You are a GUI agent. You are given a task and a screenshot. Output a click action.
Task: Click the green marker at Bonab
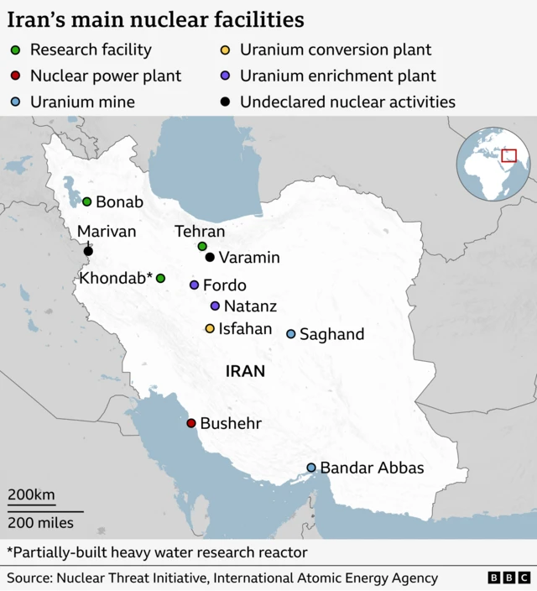[86, 201]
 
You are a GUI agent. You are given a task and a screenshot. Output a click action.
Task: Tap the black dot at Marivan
[88, 250]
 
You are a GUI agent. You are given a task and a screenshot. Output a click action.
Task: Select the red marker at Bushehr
[191, 423]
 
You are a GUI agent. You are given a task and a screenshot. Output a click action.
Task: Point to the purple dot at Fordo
[194, 285]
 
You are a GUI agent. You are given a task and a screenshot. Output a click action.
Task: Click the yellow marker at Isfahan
[210, 328]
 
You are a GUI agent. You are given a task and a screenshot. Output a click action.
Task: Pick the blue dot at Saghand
[291, 334]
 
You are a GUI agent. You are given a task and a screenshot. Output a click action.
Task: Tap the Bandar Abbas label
[372, 468]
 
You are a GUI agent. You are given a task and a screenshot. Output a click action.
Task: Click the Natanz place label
[250, 306]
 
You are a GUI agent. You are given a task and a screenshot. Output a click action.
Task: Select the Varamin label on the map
[249, 258]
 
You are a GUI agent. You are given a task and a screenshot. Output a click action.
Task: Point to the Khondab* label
[116, 278]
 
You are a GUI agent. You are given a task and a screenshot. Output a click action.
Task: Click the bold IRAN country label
[245, 370]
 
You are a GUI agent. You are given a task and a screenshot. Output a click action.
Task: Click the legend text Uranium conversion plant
[336, 50]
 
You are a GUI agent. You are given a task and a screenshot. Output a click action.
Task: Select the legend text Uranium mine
[82, 102]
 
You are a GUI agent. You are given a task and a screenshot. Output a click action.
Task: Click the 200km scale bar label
[32, 494]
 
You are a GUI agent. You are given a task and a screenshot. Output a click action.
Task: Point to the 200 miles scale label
[41, 523]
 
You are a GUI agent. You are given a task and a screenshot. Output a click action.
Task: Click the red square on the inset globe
[508, 155]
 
